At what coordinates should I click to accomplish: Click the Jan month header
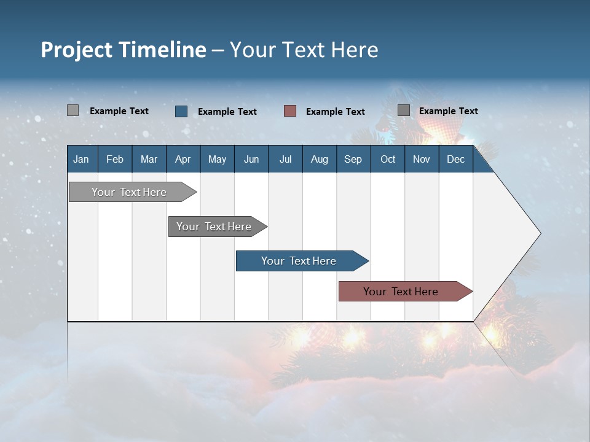click(81, 159)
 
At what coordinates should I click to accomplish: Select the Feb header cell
click(115, 159)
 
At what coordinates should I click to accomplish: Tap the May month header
click(217, 159)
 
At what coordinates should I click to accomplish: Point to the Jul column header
click(285, 159)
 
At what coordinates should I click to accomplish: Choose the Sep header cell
click(353, 159)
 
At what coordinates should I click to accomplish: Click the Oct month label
click(388, 159)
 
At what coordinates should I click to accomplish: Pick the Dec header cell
click(455, 159)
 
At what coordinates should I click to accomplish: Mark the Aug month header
click(319, 159)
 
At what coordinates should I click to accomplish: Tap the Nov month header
click(421, 159)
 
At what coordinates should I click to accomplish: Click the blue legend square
click(181, 111)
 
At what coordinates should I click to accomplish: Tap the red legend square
click(290, 111)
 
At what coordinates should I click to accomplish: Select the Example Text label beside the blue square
click(227, 112)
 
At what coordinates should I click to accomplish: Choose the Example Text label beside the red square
click(336, 112)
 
